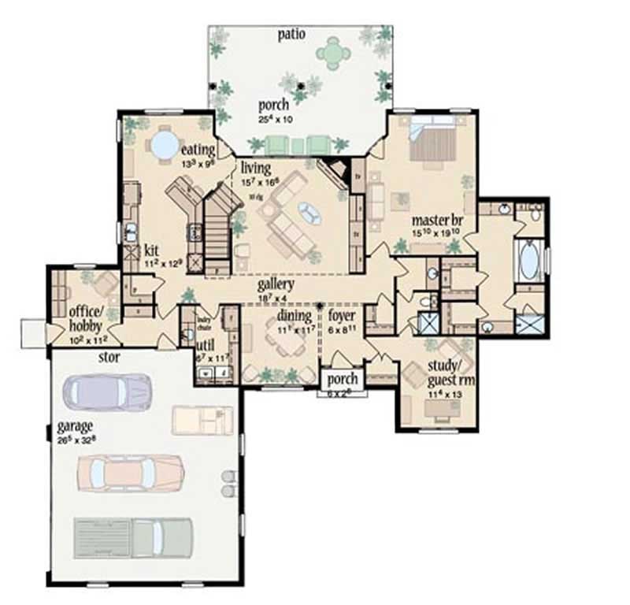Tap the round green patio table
coord(335,54)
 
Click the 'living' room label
coord(256,167)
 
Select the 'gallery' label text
coord(275,284)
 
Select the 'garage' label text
coord(75,428)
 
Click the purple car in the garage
coord(107,392)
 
